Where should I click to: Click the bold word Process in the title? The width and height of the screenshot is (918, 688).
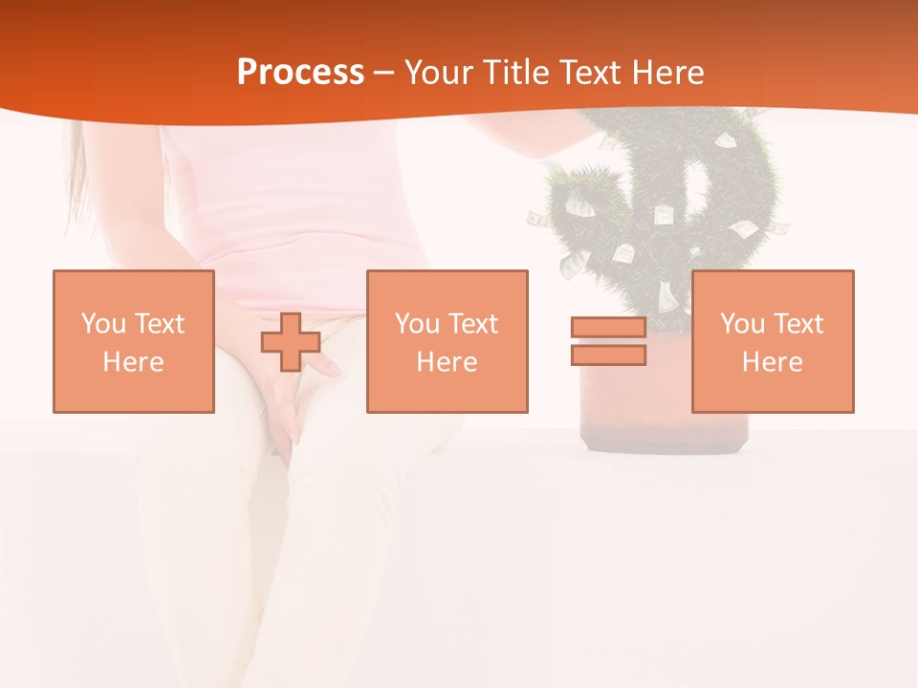click(x=300, y=72)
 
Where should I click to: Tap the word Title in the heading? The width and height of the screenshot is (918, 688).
click(x=516, y=72)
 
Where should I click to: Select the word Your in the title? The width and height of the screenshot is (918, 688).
click(x=437, y=72)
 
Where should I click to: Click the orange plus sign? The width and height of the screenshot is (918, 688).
click(x=291, y=342)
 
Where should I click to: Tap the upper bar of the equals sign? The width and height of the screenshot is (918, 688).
click(x=608, y=328)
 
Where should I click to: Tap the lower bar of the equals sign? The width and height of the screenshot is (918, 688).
click(x=608, y=355)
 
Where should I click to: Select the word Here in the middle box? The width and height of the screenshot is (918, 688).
click(x=448, y=362)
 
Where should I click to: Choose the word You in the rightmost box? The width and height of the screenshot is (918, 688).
click(x=742, y=324)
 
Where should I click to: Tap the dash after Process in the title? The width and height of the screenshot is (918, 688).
click(x=383, y=72)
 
